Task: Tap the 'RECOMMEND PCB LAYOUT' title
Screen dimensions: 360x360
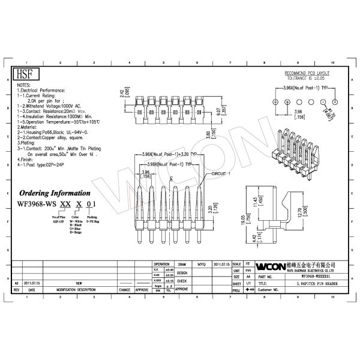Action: pyautogui.click(x=308, y=72)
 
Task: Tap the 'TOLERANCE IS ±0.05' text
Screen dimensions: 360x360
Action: pyautogui.click(x=308, y=77)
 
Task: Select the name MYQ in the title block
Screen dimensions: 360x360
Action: pyautogui.click(x=202, y=263)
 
